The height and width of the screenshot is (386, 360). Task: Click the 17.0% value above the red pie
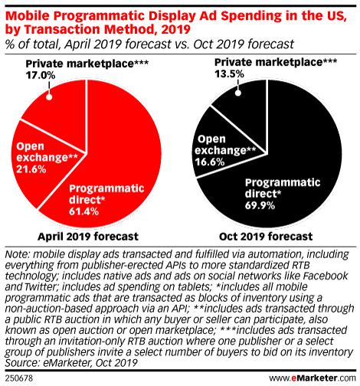pos(41,75)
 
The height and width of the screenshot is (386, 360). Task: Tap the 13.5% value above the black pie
pos(229,74)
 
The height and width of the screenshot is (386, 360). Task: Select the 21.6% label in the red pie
pos(31,169)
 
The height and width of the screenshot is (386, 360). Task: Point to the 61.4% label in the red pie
pos(83,211)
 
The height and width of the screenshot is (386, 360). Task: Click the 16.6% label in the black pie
pos(210,162)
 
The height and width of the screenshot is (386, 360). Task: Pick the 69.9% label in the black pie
pos(260,205)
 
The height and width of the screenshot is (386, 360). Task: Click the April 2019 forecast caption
pos(88,237)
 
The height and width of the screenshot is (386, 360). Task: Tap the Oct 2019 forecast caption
pos(266,237)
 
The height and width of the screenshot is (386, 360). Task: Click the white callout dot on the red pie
pos(49,97)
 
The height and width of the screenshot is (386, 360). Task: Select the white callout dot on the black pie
pos(238,93)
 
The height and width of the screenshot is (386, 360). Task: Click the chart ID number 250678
pos(19,378)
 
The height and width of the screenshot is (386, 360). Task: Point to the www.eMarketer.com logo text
pos(313,378)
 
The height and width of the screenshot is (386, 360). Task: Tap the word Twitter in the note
pos(41,286)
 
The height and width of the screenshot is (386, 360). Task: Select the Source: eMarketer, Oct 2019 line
pos(71,362)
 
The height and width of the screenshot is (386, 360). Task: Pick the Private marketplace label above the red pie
pos(87,64)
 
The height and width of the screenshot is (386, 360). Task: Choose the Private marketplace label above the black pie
pos(276,62)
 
